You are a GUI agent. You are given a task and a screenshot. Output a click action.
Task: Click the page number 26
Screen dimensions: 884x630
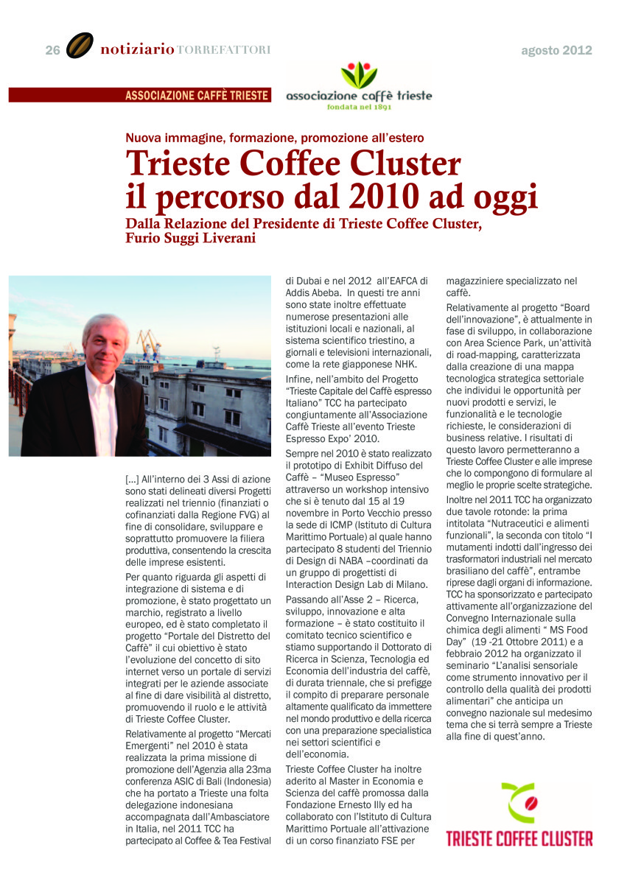52,50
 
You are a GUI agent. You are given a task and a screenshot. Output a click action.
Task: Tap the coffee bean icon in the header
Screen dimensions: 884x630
80,46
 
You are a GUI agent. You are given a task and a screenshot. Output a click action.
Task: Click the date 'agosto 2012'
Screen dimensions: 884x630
556,50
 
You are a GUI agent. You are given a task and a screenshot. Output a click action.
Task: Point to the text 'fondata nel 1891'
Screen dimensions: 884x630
359,107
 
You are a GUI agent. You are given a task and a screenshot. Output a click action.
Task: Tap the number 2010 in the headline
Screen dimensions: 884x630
410,197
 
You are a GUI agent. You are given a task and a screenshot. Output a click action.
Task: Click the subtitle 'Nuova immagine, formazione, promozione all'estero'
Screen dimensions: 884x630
274,137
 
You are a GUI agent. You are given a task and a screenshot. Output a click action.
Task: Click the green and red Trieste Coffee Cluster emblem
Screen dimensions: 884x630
519,804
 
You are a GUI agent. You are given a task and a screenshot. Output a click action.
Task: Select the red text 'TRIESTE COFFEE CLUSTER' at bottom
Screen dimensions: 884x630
519,838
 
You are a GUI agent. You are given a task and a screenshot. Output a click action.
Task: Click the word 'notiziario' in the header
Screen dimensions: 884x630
137,50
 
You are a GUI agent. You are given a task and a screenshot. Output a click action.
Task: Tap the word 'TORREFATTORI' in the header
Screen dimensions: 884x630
223,50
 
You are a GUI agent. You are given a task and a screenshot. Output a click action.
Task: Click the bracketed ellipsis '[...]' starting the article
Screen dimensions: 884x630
133,479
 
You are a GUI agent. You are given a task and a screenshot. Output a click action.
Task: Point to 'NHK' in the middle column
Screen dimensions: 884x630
407,364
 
